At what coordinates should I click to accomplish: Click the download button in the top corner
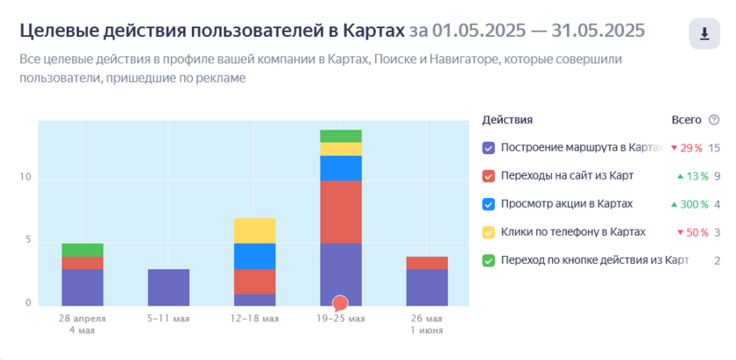click(704, 34)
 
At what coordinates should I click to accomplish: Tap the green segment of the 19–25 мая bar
click(341, 136)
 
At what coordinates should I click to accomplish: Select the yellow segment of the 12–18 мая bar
click(254, 230)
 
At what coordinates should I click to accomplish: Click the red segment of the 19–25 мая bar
click(341, 212)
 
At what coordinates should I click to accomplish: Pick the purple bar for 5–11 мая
click(168, 287)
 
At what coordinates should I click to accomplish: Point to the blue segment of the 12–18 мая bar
click(254, 256)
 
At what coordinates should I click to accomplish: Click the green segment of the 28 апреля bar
click(82, 250)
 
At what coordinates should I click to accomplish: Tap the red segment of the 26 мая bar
click(428, 263)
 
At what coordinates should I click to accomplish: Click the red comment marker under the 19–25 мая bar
click(340, 304)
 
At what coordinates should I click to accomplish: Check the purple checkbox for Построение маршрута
click(489, 148)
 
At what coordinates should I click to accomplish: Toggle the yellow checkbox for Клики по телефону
click(489, 232)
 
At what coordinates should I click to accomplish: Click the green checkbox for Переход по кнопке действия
click(489, 260)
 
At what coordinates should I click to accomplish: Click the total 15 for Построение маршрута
click(714, 148)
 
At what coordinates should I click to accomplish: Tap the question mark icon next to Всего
click(714, 120)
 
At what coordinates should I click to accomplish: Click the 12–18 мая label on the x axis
click(254, 319)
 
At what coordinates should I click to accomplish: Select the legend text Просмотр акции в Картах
click(567, 204)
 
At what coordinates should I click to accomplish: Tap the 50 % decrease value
click(693, 232)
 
